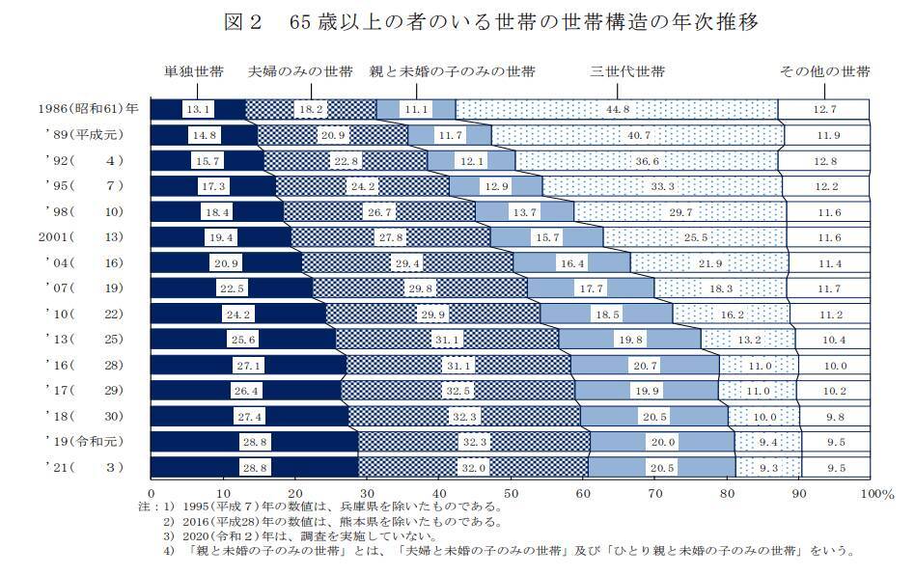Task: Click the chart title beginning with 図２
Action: (457, 22)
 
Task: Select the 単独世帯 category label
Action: (195, 72)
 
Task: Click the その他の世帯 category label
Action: (825, 72)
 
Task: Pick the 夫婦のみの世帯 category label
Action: (301, 72)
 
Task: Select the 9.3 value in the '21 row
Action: (769, 466)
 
